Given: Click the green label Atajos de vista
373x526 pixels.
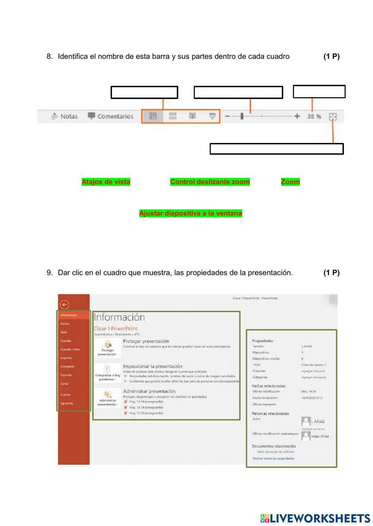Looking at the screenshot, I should click(x=106, y=182).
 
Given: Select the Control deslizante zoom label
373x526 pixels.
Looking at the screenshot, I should click(x=210, y=182).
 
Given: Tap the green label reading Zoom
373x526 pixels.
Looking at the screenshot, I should click(x=290, y=182).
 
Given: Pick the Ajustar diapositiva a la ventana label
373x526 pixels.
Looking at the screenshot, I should click(x=191, y=213).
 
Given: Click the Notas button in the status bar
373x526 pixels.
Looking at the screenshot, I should click(x=65, y=116).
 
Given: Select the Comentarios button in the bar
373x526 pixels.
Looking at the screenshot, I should click(x=111, y=116).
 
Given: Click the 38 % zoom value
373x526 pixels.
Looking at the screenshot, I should click(x=314, y=117).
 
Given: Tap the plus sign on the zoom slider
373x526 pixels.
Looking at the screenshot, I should click(x=297, y=116).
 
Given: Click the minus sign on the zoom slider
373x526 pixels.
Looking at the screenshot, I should click(x=227, y=116).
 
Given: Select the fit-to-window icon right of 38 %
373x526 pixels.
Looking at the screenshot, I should click(x=333, y=117).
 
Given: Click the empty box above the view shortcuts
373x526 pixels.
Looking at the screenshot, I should click(x=144, y=92).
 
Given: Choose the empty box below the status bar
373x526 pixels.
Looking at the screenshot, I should click(x=276, y=149).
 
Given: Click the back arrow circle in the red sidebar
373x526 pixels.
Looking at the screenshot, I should click(x=65, y=305).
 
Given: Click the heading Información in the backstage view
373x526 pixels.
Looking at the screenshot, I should click(x=119, y=317).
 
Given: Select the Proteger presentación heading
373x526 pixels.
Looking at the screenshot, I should click(x=146, y=341).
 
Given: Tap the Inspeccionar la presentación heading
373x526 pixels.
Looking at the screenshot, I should click(x=153, y=366).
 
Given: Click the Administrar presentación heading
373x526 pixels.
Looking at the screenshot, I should click(x=149, y=391).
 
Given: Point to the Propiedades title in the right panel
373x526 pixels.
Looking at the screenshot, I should click(x=263, y=341).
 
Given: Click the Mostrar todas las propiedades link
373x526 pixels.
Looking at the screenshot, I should click(x=273, y=458).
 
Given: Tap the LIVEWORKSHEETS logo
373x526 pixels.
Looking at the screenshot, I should click(x=315, y=518).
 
